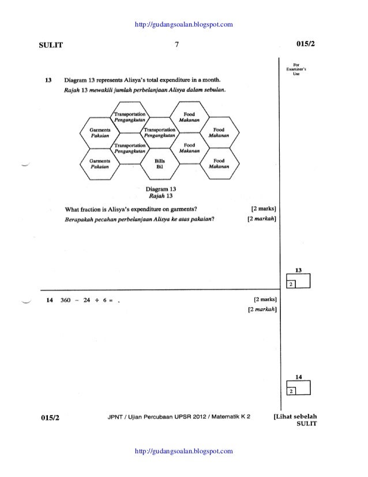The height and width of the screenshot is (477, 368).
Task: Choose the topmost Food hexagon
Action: [189, 118]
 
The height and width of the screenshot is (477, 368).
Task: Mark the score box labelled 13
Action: [299, 281]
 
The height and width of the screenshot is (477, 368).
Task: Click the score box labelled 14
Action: [299, 387]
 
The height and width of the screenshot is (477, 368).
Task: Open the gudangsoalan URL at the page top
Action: [183, 24]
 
